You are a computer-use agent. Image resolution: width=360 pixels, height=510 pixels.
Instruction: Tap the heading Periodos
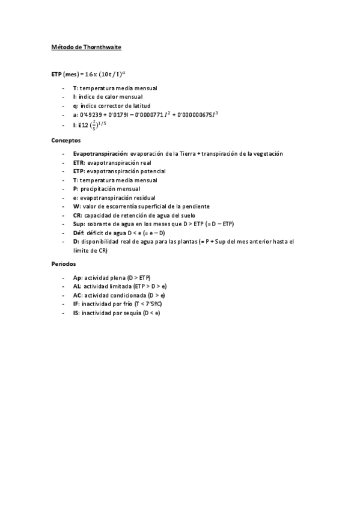[63, 263]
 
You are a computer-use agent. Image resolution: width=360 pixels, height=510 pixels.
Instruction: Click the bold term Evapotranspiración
[99, 154]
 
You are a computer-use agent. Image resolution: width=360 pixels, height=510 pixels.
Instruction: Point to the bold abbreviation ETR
[78, 162]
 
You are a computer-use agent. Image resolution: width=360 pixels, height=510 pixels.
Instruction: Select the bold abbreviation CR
[77, 215]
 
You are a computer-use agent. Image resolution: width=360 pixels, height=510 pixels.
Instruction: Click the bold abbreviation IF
[76, 304]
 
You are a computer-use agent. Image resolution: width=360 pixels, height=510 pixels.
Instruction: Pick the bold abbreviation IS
[76, 313]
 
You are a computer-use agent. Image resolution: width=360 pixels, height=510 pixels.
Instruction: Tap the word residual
[144, 198]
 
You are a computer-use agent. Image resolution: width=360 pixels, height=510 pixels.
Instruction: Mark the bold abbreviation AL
[77, 287]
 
